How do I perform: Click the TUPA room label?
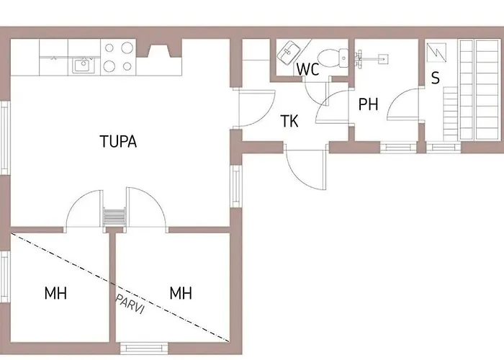[118, 141]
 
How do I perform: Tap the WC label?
[308, 69]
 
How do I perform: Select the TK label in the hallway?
[289, 121]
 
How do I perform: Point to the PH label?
[369, 104]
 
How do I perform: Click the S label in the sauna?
[435, 78]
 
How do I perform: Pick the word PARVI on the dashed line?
[130, 304]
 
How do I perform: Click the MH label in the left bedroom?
[55, 294]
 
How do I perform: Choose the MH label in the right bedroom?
[181, 293]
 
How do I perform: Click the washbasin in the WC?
[288, 53]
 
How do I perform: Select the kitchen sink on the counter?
[83, 66]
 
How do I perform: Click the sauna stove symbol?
[436, 53]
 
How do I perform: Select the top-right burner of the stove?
[127, 48]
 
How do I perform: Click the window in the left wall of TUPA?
[5, 138]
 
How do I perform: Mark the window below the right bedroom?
[144, 348]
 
